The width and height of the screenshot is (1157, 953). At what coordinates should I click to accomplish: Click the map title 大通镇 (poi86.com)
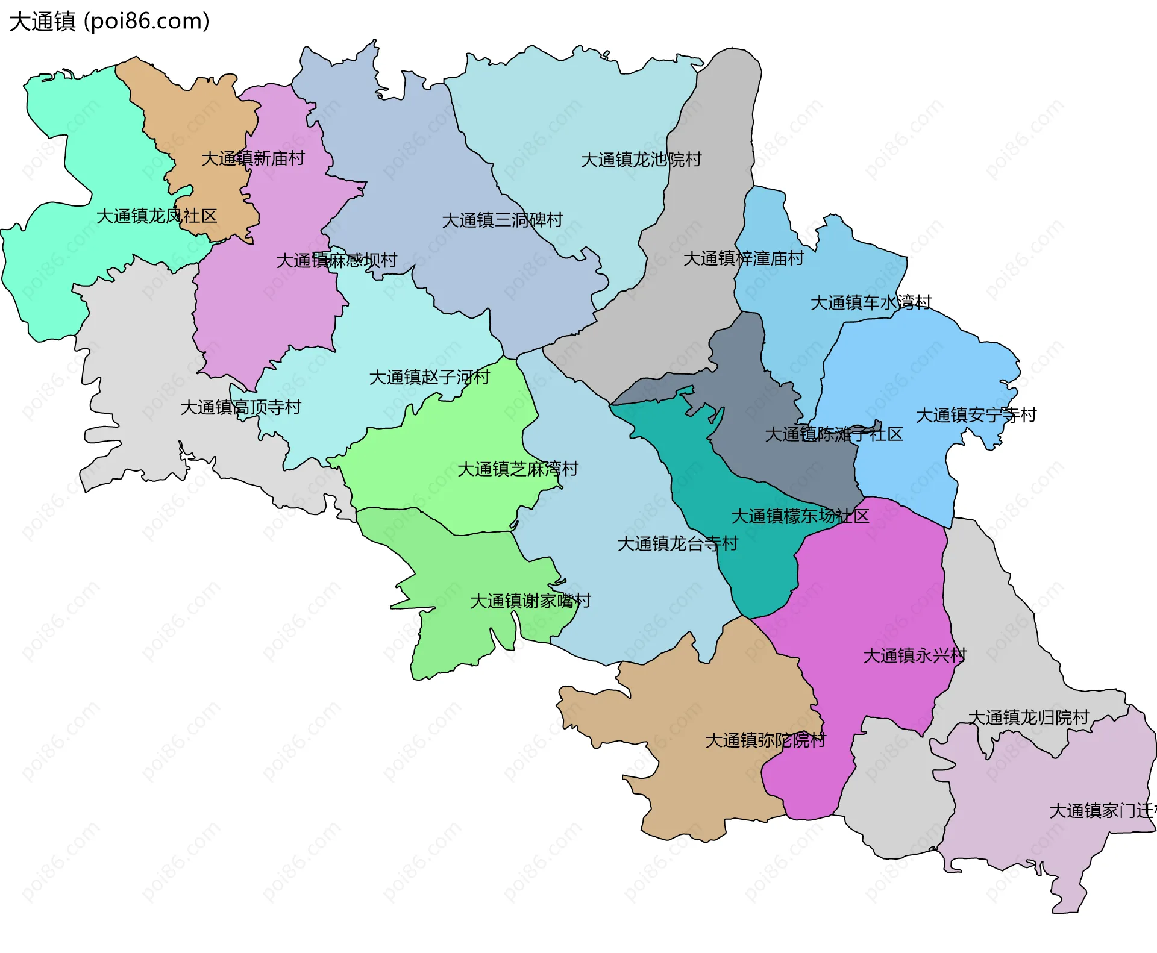click(x=109, y=21)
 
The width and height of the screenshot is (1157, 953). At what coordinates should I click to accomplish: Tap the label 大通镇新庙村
click(x=253, y=158)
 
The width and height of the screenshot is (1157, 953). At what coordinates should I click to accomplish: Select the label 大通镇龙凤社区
click(x=157, y=216)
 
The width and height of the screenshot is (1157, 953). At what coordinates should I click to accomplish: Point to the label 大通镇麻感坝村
click(x=336, y=260)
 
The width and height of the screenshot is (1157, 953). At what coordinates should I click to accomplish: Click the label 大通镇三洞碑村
click(x=503, y=220)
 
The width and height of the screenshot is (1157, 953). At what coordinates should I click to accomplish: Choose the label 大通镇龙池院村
click(x=641, y=160)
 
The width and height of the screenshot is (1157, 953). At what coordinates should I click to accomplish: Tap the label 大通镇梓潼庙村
click(x=744, y=258)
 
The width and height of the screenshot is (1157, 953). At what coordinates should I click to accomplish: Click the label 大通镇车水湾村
click(x=871, y=302)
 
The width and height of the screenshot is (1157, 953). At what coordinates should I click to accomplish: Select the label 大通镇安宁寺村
click(x=976, y=415)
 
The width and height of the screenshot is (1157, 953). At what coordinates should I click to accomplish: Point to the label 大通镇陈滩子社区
click(x=834, y=434)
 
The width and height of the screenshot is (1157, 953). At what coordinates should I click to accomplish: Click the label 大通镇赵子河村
click(x=430, y=377)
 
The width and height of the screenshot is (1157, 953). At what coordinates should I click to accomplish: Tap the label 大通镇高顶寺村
click(x=241, y=407)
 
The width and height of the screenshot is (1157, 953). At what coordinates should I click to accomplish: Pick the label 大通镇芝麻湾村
click(x=518, y=469)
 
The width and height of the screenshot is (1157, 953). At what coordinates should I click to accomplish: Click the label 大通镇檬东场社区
click(x=800, y=516)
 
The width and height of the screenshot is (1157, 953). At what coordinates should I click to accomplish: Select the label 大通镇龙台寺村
click(x=678, y=543)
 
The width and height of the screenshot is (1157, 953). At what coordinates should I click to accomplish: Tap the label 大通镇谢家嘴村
click(x=530, y=601)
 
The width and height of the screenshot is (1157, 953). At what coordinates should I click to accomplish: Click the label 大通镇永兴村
click(x=915, y=655)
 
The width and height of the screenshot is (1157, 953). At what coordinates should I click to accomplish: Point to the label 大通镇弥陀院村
click(x=765, y=740)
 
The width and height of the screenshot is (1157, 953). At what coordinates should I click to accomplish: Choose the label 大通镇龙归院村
click(x=1029, y=717)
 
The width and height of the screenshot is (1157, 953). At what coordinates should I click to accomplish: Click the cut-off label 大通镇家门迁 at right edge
click(x=1102, y=811)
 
